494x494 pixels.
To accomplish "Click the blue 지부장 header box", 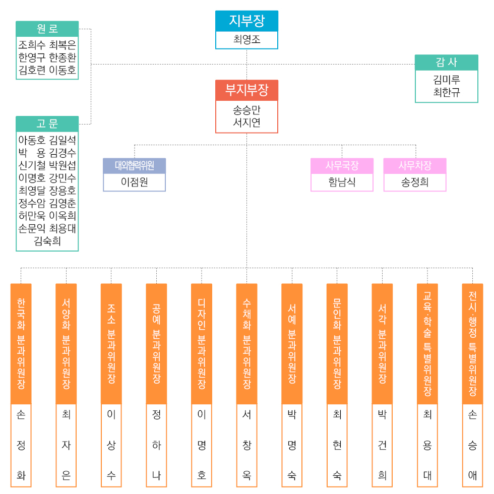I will pyautogui.click(x=246, y=21).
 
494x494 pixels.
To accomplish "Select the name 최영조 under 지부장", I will pyautogui.click(x=246, y=39).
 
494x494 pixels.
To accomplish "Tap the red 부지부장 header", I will pyautogui.click(x=246, y=90).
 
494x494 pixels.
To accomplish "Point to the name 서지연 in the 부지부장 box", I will pyautogui.click(x=246, y=122).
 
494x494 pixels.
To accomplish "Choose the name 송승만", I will pyautogui.click(x=246, y=109).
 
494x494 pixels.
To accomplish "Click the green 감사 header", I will pyautogui.click(x=446, y=63).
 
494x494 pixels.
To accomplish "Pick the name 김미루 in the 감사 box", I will pyautogui.click(x=446, y=80).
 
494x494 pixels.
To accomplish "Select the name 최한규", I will pyautogui.click(x=446, y=92).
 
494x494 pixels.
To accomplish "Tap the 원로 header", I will pyautogui.click(x=47, y=29).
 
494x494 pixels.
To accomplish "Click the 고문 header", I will pyautogui.click(x=47, y=124).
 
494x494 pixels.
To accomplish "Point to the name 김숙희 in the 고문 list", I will pyautogui.click(x=47, y=241).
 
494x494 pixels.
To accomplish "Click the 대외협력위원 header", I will pyautogui.click(x=134, y=165).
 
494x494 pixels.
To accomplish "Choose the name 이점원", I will pyautogui.click(x=134, y=182).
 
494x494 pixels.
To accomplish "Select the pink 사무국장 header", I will pyautogui.click(x=342, y=165).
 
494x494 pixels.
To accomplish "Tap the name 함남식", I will pyautogui.click(x=342, y=182).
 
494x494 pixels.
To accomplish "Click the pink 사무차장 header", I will pyautogui.click(x=415, y=165).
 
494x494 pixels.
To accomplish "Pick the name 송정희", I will pyautogui.click(x=415, y=182).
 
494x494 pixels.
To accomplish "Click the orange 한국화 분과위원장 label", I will pyautogui.click(x=21, y=343).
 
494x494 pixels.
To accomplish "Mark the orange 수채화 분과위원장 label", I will pyautogui.click(x=246, y=343).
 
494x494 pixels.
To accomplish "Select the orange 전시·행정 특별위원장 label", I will pyautogui.click(x=472, y=343).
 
